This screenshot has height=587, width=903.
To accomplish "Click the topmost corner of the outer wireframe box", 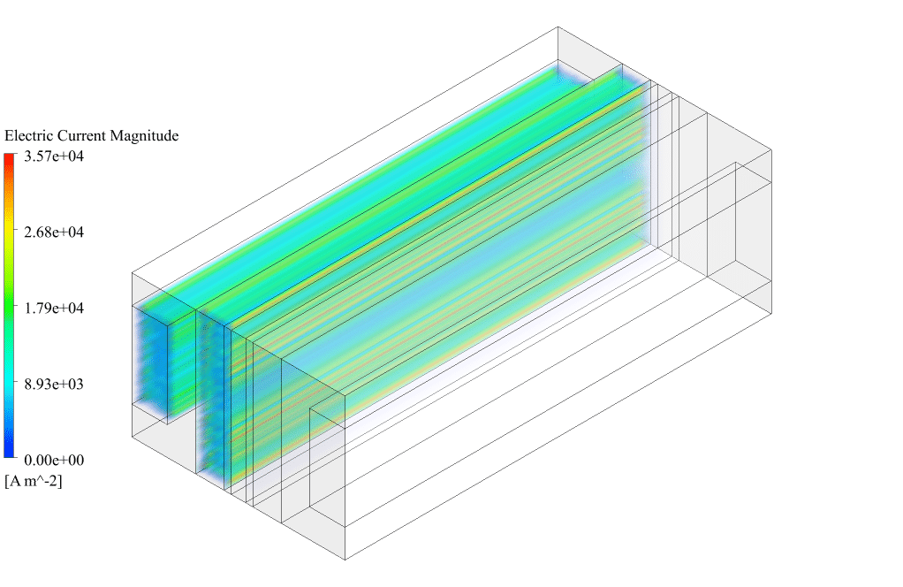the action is [558, 27].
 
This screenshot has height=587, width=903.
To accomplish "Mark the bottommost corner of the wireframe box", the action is [345, 560].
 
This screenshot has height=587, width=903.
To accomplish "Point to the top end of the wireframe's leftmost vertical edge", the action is [132, 272].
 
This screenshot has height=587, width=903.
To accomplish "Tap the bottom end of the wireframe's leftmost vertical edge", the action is [132, 436].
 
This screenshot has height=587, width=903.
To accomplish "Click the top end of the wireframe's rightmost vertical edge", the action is [771, 149].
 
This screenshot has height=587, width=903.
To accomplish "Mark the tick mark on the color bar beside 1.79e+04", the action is [16, 309].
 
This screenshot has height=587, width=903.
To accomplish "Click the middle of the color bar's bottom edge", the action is [9, 457].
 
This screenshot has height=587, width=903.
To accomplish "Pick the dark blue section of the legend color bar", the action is [9, 444].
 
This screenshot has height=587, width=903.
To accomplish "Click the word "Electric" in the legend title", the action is [26, 136].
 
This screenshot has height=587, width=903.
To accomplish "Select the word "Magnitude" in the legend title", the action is [145, 136].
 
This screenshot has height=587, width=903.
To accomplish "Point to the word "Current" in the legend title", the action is [79, 136].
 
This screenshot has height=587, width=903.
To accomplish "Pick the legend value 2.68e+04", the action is [54, 233].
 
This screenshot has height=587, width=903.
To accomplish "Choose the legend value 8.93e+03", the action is [54, 385].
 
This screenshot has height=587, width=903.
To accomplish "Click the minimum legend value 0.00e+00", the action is [54, 461].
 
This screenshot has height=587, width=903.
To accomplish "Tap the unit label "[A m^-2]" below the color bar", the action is [33, 481].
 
